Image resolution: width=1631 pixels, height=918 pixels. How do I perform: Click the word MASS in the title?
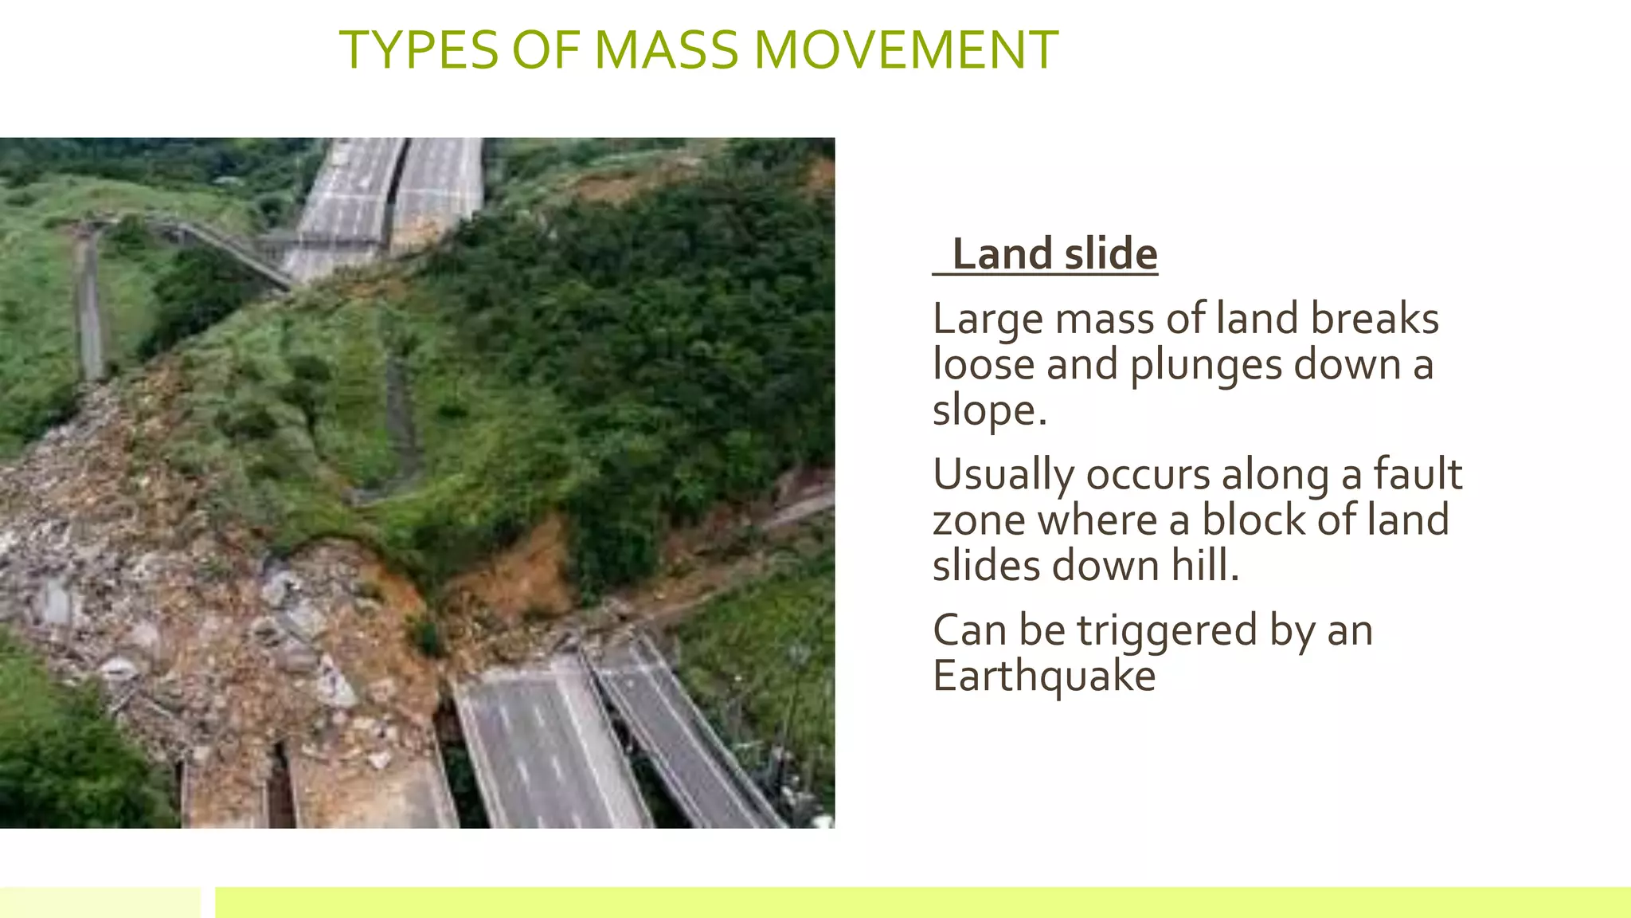pyautogui.click(x=666, y=50)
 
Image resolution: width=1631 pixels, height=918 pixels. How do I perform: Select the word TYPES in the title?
pyautogui.click(x=419, y=50)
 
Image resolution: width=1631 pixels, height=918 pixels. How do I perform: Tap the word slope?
pyautogui.click(x=988, y=412)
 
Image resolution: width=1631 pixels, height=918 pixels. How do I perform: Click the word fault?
pyautogui.click(x=1418, y=475)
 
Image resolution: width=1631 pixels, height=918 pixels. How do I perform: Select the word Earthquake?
pyautogui.click(x=1043, y=677)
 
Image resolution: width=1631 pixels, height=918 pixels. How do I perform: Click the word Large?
pyautogui.click(x=988, y=319)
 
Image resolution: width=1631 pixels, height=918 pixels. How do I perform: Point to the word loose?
pyautogui.click(x=983, y=366)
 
